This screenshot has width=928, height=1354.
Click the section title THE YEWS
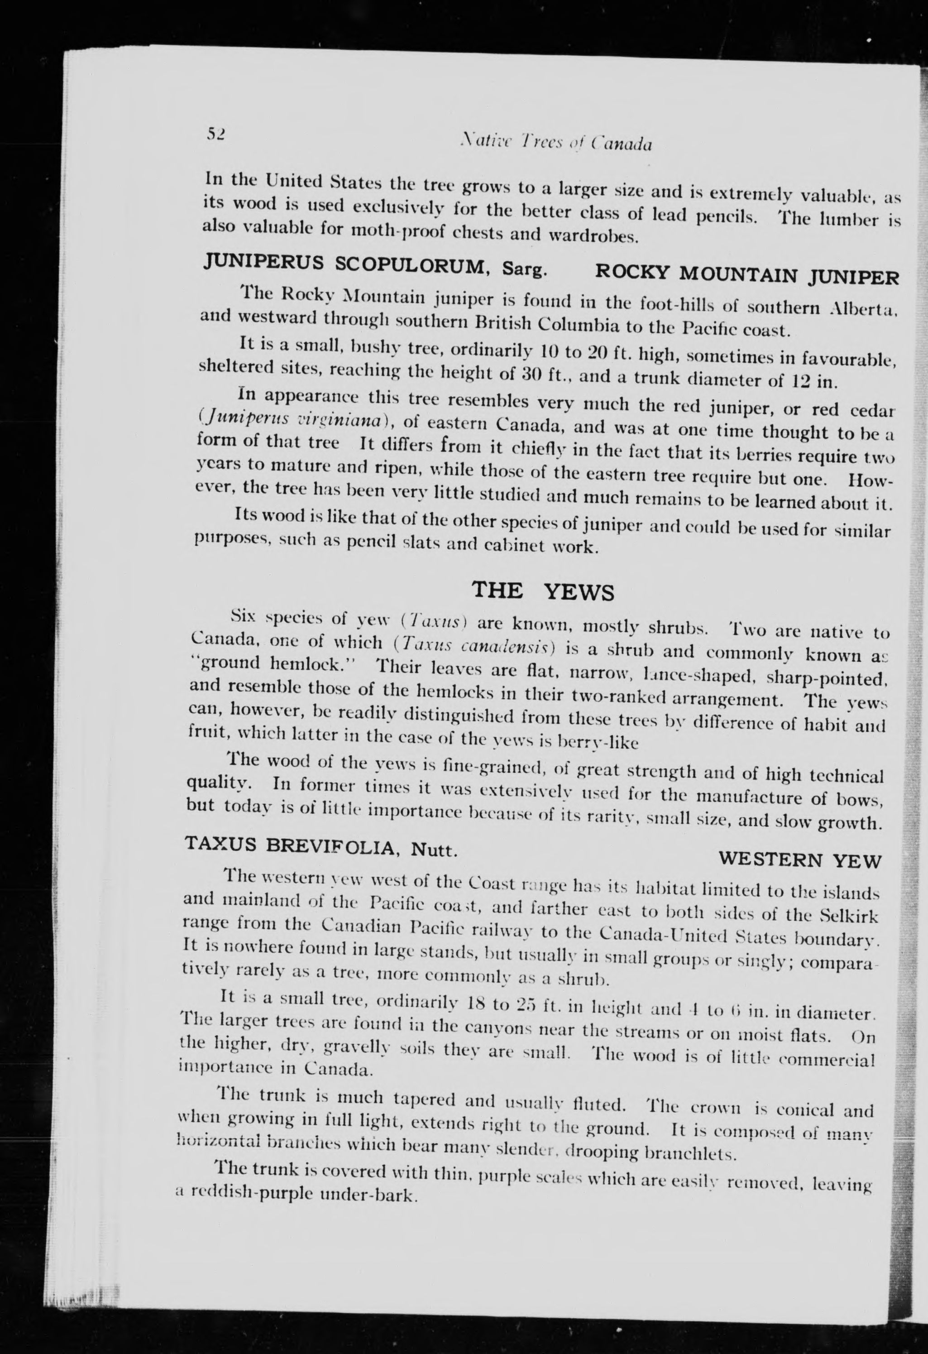point(542,591)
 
